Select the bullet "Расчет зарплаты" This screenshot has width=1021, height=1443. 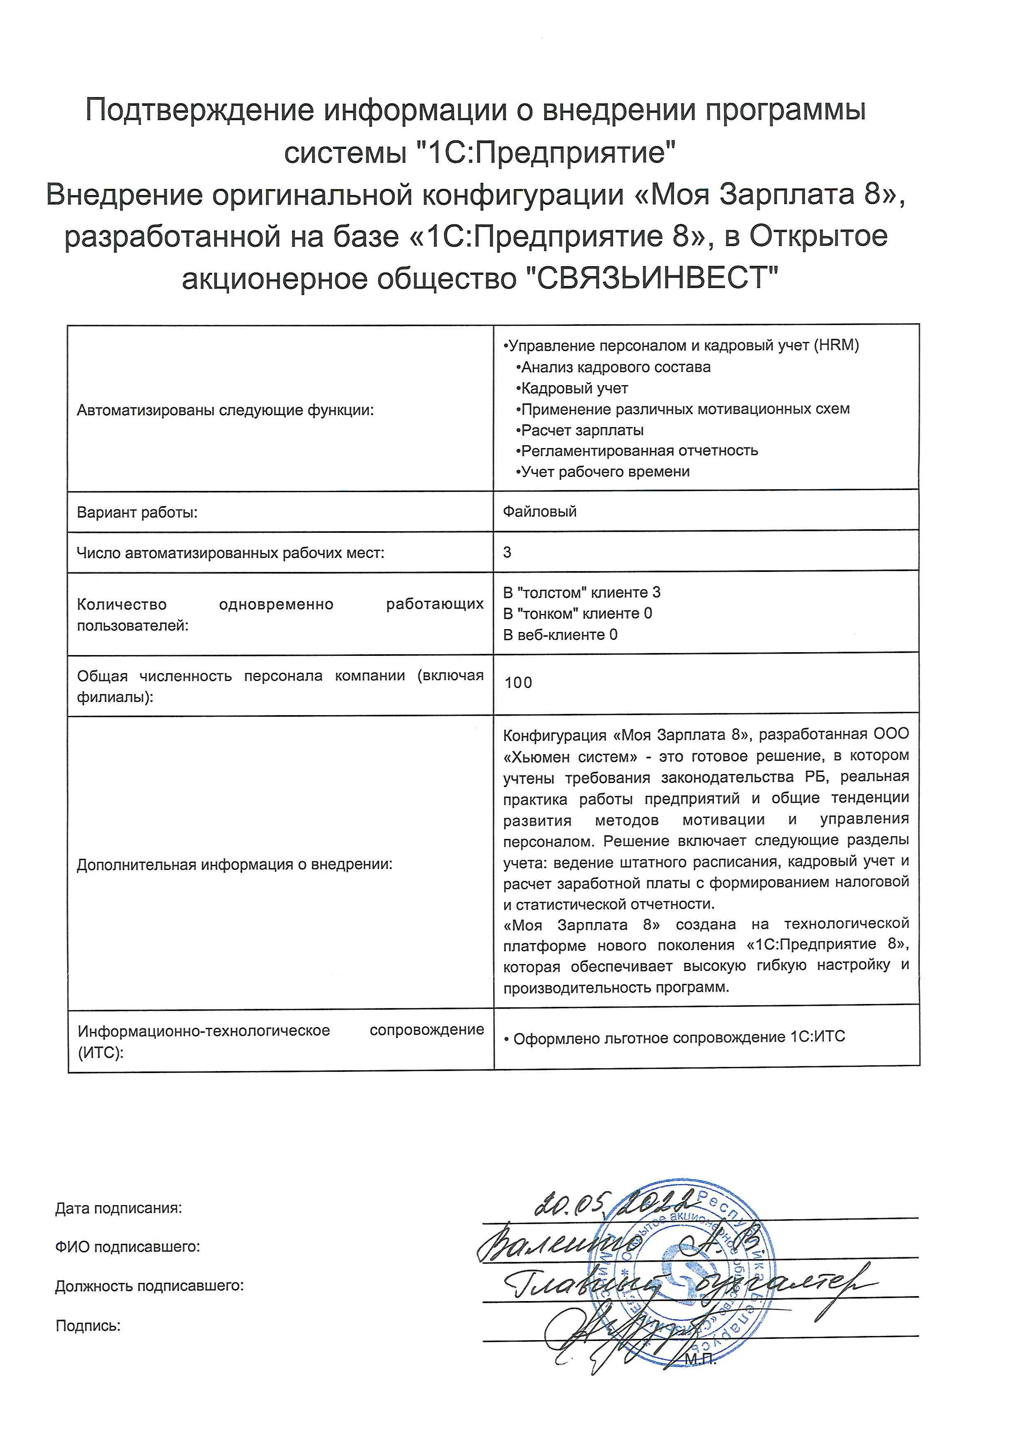click(x=582, y=430)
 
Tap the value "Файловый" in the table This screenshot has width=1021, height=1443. click(x=539, y=511)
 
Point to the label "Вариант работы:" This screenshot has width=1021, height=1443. click(x=137, y=512)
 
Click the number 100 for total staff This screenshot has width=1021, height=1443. click(x=518, y=683)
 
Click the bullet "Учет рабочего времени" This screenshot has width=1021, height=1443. click(x=605, y=472)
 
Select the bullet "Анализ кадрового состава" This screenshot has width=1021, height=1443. click(x=615, y=367)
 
